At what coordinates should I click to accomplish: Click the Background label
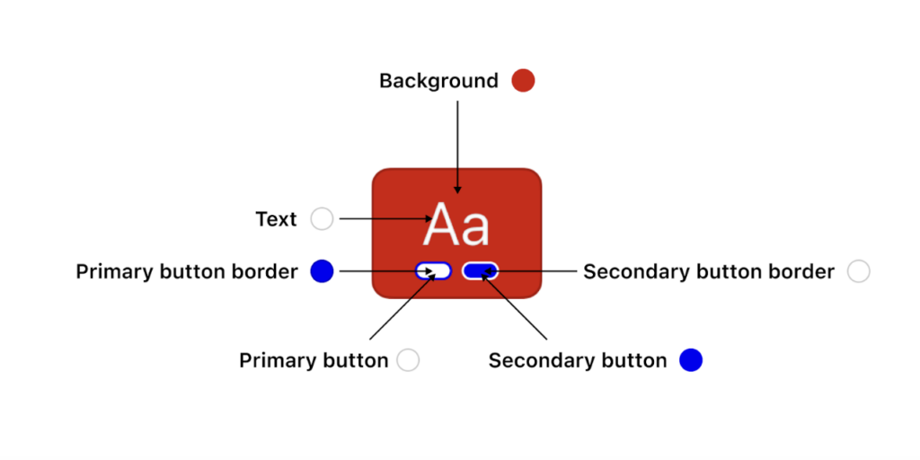(x=438, y=81)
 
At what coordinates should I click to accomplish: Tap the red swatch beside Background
(x=523, y=80)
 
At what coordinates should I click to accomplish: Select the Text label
(x=277, y=219)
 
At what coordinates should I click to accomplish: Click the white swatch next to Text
(x=323, y=219)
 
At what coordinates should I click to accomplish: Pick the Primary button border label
(x=187, y=271)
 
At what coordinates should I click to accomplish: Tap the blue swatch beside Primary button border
(x=323, y=271)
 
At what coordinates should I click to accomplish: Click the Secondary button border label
(x=708, y=271)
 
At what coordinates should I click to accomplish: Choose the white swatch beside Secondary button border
(x=858, y=271)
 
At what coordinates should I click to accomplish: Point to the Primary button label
(x=314, y=360)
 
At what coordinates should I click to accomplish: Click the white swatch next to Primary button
(x=408, y=359)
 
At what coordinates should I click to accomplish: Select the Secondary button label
(x=578, y=360)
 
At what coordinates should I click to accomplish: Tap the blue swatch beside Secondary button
(x=691, y=359)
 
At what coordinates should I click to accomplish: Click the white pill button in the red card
(x=433, y=270)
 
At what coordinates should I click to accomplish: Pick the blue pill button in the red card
(x=480, y=270)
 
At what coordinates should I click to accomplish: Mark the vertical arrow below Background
(x=457, y=146)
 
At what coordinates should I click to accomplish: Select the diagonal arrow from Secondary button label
(x=514, y=306)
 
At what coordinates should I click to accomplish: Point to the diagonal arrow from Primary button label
(x=402, y=306)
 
